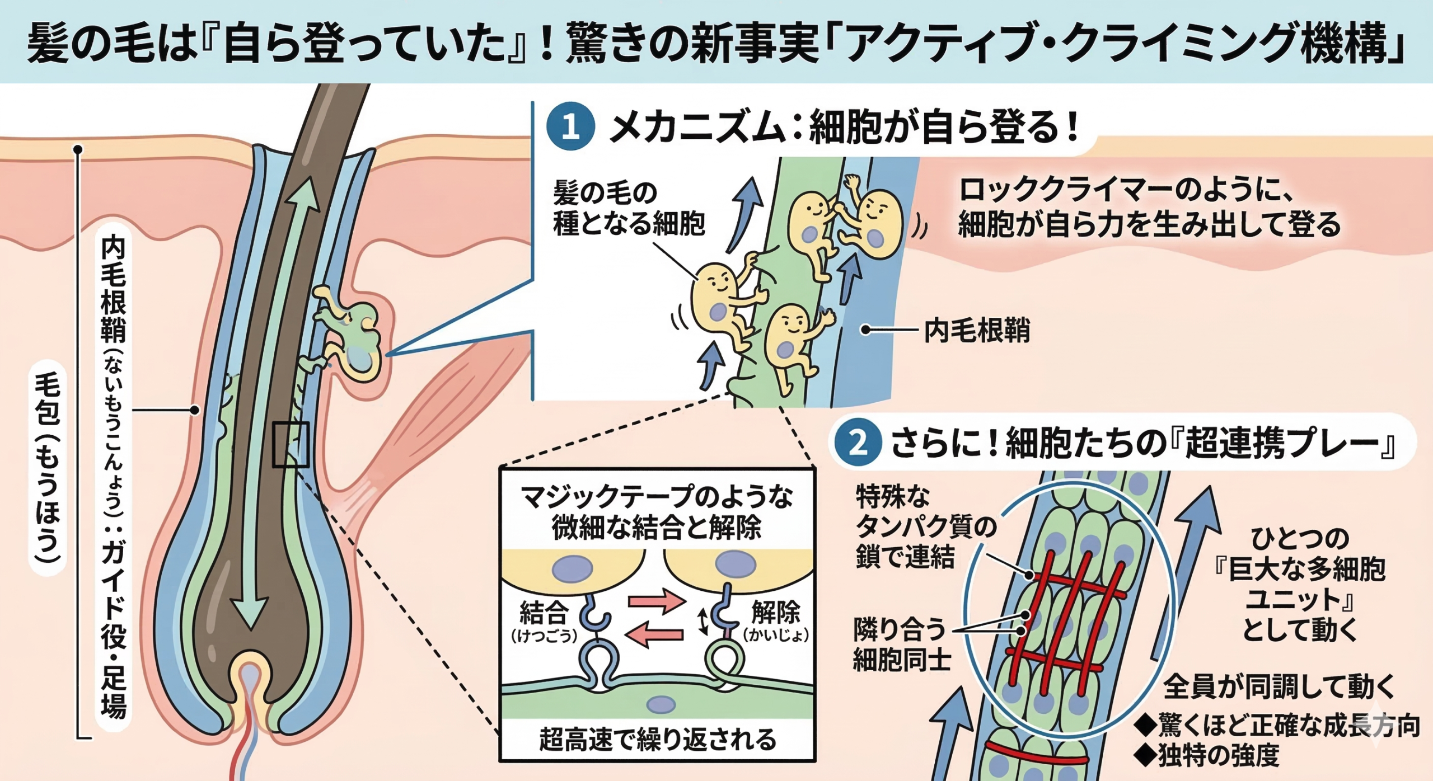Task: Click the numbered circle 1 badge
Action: coord(570,127)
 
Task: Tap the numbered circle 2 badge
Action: coord(858,443)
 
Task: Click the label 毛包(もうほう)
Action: coord(48,467)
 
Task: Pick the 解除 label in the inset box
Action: coord(775,612)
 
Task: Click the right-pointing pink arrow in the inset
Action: coord(657,601)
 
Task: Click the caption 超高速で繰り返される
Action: coord(658,739)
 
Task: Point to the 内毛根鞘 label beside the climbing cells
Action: coord(977,330)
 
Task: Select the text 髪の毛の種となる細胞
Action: coord(628,209)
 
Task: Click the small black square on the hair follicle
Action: coord(291,445)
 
